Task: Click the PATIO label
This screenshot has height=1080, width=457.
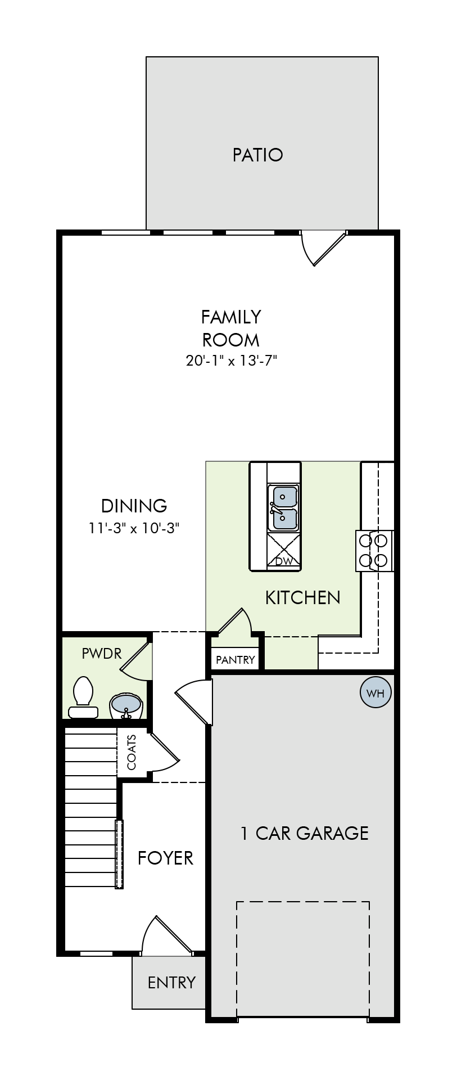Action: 257,155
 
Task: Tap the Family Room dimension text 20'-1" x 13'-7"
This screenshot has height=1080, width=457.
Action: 232,361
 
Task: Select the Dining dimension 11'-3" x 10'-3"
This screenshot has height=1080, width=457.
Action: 134,528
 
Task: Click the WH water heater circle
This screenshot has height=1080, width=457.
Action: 375,693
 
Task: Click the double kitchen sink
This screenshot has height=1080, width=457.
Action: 283,508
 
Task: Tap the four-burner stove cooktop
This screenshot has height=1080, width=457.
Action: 374,551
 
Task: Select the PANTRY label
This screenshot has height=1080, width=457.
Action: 236,660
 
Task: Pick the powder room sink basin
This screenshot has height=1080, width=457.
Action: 126,704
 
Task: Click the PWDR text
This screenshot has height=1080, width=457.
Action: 102,653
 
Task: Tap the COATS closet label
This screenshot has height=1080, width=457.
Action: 132,752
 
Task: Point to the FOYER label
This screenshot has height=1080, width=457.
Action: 165,858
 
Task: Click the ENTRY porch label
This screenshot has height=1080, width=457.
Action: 171,982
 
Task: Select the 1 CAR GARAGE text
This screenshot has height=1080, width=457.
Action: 304,833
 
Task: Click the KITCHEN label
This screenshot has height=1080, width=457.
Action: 302,597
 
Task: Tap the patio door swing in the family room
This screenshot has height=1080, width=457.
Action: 323,248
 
